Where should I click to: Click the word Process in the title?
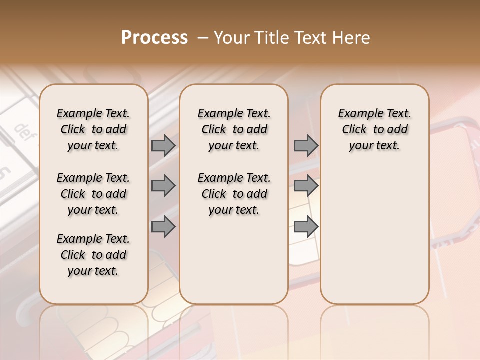[154, 38]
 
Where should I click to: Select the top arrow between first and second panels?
[163, 145]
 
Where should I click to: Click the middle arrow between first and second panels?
[163, 186]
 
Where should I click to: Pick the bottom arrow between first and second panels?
[163, 227]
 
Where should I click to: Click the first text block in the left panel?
[93, 129]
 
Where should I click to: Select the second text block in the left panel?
[93, 194]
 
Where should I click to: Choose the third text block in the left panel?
[93, 255]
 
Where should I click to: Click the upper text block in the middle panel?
[234, 129]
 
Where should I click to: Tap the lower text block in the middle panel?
[234, 194]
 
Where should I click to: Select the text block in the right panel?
[374, 129]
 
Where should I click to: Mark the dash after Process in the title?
[203, 38]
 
